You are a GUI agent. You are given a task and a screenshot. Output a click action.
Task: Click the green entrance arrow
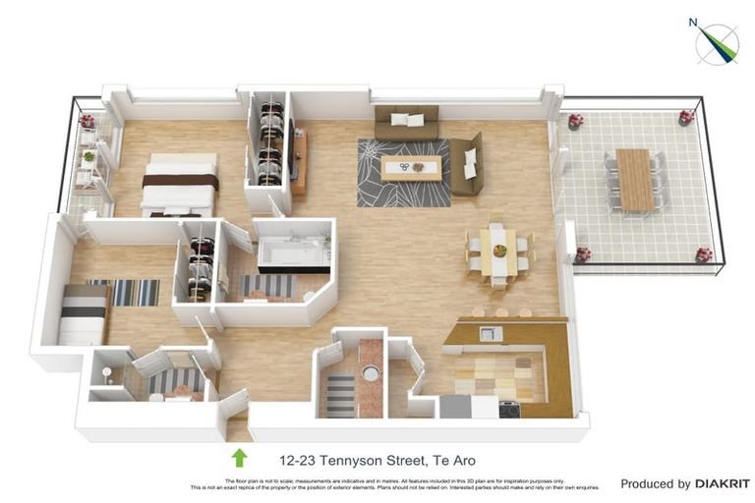click(x=238, y=458)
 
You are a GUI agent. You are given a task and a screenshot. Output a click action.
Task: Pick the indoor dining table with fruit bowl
click(x=498, y=251)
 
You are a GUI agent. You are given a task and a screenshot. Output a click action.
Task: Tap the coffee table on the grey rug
click(x=409, y=168)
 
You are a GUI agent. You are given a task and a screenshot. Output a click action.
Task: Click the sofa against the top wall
click(x=406, y=122)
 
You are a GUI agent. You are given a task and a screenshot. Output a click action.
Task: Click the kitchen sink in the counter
click(x=491, y=334)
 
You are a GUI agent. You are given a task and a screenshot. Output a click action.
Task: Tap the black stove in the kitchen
click(x=509, y=409)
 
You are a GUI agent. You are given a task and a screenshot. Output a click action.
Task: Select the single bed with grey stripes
click(x=84, y=313)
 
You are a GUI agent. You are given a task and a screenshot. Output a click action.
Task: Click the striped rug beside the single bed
click(x=136, y=292)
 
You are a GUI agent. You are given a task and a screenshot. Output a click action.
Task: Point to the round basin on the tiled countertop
click(x=370, y=373)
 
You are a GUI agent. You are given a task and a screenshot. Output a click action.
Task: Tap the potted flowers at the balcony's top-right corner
click(x=686, y=117)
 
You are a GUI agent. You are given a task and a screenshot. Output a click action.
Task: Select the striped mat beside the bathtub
click(x=267, y=286)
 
